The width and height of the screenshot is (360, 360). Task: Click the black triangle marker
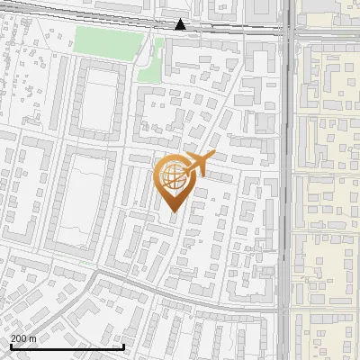point(181,24)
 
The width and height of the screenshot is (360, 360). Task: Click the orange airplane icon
point(197,164)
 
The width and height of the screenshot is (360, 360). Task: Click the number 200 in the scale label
point(18,338)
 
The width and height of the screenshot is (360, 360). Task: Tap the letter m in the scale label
point(32,338)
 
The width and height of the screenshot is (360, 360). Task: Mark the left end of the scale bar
point(11,346)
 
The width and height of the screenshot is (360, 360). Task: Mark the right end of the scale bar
point(123,346)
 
